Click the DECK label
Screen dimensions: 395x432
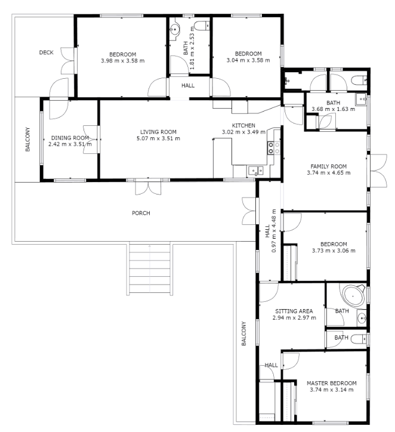[x=47, y=53]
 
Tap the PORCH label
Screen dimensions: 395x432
[x=141, y=213]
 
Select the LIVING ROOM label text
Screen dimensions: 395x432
[x=158, y=132]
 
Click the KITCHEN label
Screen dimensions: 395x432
[x=243, y=125]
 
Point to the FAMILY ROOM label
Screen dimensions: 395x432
[x=329, y=166]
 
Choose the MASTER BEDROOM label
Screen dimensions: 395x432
[x=332, y=383]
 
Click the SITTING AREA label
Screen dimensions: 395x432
[x=294, y=311]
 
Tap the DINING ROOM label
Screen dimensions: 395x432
[x=70, y=138]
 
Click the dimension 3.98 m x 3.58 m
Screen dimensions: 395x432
[x=122, y=61]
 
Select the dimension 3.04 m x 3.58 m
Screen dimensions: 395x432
[x=248, y=60]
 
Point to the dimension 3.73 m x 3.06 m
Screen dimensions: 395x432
[x=334, y=251]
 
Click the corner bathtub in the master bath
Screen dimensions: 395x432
[x=353, y=297]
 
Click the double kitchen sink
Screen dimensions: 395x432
[x=255, y=171]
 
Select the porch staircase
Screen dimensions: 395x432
[x=150, y=269]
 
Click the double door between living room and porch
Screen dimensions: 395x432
[x=148, y=187]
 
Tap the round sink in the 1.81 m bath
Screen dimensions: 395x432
[x=175, y=29]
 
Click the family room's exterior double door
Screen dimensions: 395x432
[x=377, y=171]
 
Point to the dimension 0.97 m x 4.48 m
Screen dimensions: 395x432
[x=270, y=231]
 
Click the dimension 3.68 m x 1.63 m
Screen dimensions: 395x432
[x=334, y=109]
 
